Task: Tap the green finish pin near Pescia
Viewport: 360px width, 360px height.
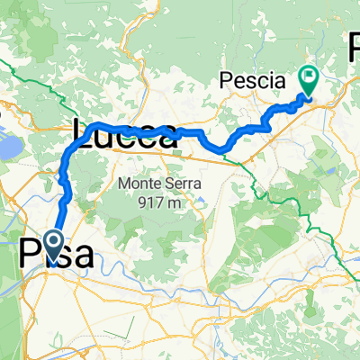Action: coord(309,82)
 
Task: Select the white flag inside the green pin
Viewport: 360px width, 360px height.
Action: coord(309,78)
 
